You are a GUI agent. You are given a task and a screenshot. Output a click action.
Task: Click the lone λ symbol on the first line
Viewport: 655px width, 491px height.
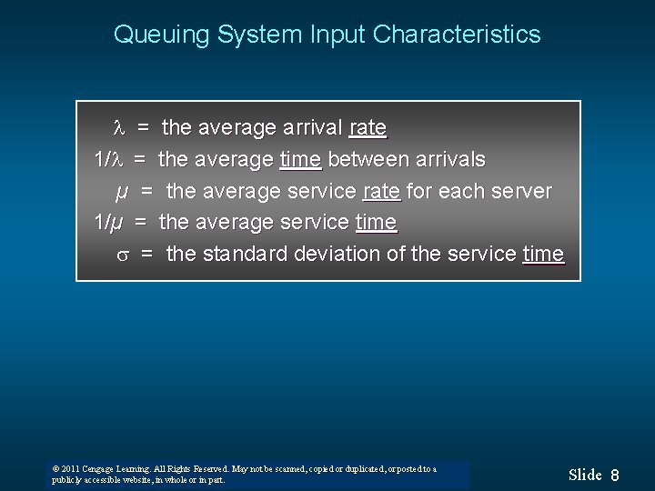pos(116,129)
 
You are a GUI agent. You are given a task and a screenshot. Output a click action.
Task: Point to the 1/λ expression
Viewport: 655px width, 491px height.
pos(107,160)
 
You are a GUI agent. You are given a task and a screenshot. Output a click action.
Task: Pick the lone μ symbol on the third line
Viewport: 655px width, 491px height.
pos(120,192)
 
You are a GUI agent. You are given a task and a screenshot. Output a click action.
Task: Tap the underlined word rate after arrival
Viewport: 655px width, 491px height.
pos(368,129)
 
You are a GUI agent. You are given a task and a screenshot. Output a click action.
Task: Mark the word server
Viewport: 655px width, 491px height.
pos(520,192)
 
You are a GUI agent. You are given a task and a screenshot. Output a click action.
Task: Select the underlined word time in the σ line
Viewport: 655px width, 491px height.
pos(543,255)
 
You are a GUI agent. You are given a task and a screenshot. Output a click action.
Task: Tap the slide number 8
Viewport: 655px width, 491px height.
pos(615,475)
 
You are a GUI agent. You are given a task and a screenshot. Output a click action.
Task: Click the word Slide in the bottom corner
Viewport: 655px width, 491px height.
pos(585,474)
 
